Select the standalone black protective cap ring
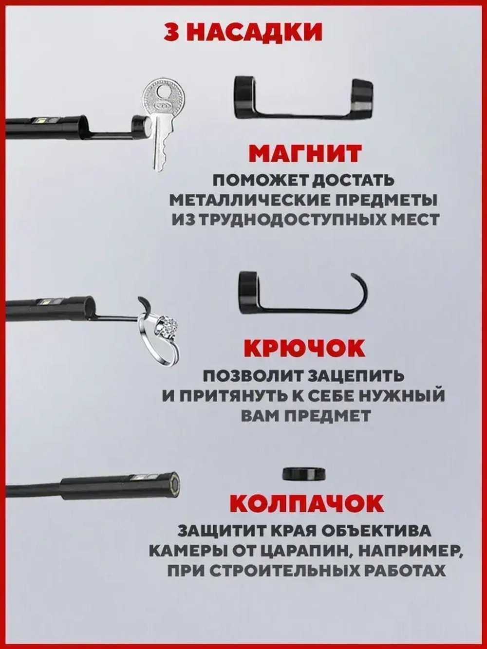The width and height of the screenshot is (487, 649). coord(304,473)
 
